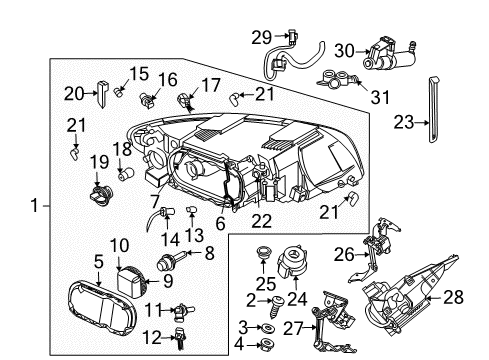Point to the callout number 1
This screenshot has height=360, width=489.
[x=36, y=208]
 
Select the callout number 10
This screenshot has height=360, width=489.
[x=119, y=245]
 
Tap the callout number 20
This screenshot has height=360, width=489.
[x=98, y=94]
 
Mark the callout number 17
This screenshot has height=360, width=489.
[x=211, y=85]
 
